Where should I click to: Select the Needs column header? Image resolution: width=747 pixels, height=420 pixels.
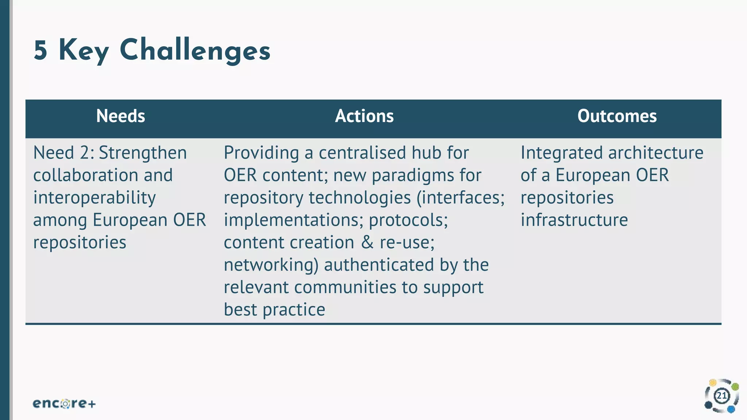coord(120,116)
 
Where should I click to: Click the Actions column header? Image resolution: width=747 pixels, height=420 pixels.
coord(364,116)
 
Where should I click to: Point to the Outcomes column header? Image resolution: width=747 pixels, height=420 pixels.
coord(617,116)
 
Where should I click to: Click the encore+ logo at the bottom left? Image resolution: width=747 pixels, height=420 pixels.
coord(64,404)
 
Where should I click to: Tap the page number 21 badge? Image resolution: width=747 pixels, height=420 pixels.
coord(722,396)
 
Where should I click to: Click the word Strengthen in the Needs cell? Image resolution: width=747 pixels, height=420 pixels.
coord(143,153)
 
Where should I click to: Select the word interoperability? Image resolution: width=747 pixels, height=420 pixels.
coord(94,198)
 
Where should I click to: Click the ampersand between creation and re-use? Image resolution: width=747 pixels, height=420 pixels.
coord(367,242)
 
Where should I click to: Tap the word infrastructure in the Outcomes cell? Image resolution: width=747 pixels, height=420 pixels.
coord(574,220)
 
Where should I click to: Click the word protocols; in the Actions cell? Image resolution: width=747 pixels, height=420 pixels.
coord(408,220)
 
